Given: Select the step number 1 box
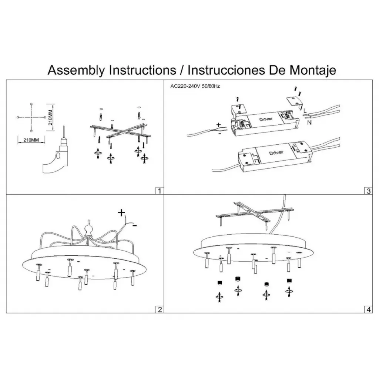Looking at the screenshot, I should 159,191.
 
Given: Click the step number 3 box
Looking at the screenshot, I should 368,191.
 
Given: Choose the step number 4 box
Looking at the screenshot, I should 368,309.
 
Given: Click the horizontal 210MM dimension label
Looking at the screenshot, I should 31,140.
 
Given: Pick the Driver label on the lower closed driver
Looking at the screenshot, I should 276,153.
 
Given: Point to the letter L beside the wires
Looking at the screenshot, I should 304,111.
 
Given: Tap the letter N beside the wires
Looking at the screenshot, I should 308,123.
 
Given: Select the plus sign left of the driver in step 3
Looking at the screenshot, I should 218,125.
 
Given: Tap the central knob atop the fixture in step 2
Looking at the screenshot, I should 88,230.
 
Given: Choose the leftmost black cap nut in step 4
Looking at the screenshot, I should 219,284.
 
